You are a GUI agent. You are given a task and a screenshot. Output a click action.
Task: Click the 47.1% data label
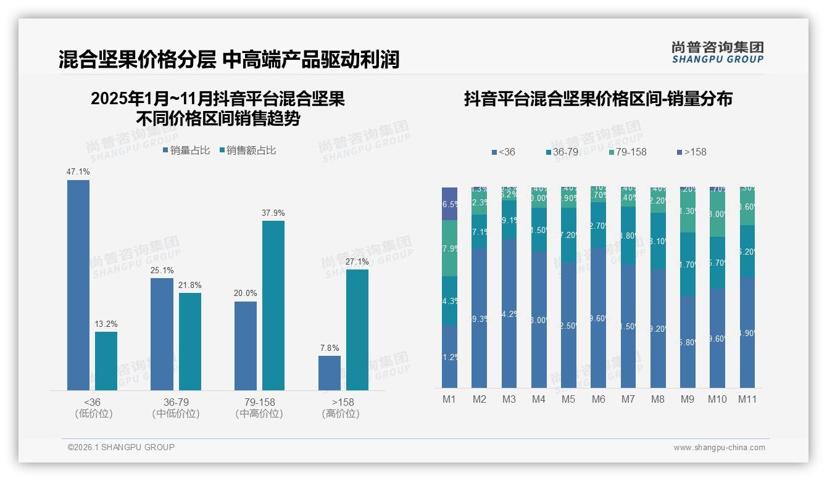pyautogui.click(x=78, y=172)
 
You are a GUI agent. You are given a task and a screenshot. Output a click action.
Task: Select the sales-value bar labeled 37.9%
pyautogui.click(x=273, y=305)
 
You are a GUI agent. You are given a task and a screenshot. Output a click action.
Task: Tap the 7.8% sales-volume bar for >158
pyautogui.click(x=330, y=373)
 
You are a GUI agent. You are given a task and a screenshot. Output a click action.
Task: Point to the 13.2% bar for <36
pyautogui.click(x=106, y=361)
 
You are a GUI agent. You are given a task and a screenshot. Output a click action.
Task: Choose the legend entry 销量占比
pyautogui.click(x=186, y=150)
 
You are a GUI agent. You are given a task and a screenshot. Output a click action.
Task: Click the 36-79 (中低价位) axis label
pyautogui.click(x=176, y=408)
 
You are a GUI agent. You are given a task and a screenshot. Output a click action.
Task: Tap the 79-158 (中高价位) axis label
pyautogui.click(x=259, y=408)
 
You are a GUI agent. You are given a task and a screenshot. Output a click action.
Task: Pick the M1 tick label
pyautogui.click(x=449, y=399)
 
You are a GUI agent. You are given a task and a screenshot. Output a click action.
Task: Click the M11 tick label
pyautogui.click(x=747, y=399)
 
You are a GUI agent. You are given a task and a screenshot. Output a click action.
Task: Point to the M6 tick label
pyautogui.click(x=598, y=399)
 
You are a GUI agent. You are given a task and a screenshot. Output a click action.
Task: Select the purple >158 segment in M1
pyautogui.click(x=449, y=203)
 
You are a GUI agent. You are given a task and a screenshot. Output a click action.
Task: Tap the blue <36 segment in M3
pyautogui.click(x=509, y=313)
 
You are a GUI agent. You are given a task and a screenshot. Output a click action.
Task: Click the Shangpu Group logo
pyautogui.click(x=717, y=52)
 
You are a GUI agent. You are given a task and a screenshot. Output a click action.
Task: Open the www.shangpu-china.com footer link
pyautogui.click(x=719, y=448)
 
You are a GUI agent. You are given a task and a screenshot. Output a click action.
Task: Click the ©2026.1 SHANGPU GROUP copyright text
pyautogui.click(x=121, y=447)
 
